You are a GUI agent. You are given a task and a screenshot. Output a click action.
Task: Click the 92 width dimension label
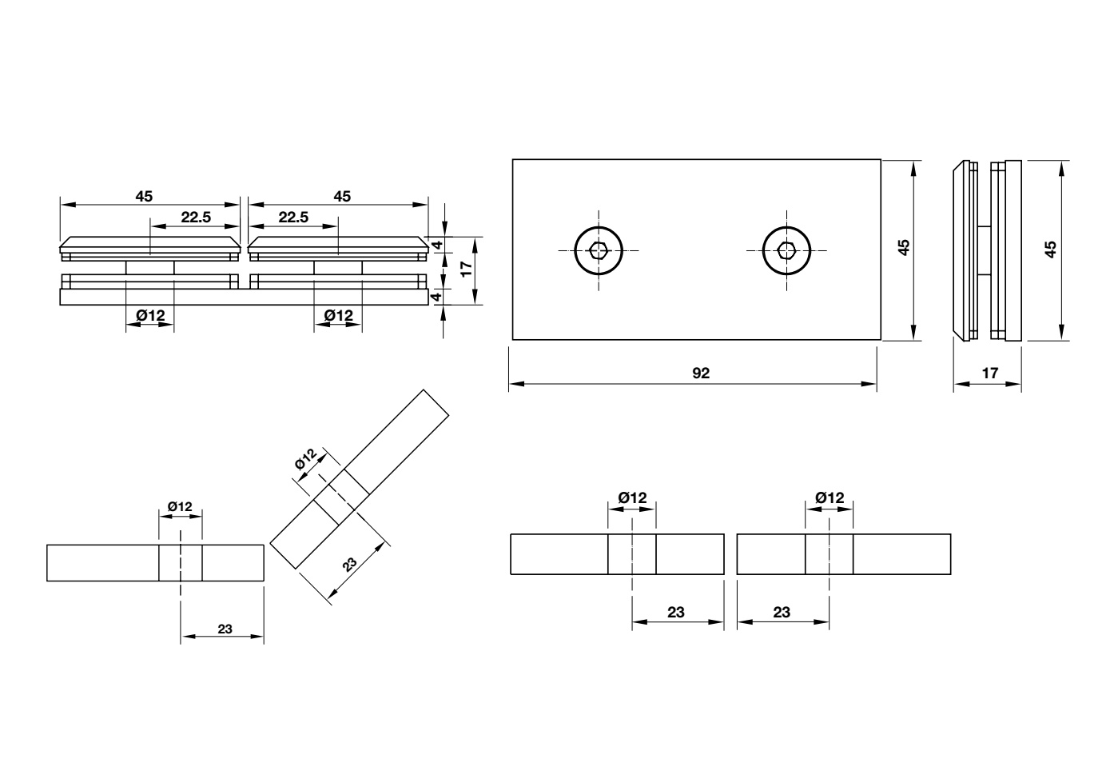tap(701, 373)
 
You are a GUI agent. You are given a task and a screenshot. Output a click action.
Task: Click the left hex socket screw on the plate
tap(598, 250)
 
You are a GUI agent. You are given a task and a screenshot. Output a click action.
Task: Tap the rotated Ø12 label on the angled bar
tap(306, 460)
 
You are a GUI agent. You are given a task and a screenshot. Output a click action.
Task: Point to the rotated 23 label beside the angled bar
tap(350, 563)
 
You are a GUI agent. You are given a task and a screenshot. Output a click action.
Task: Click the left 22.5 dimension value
tap(195, 218)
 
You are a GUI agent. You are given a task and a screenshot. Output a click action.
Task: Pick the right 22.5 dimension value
tap(293, 218)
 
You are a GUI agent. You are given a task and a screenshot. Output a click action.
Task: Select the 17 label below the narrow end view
tap(989, 373)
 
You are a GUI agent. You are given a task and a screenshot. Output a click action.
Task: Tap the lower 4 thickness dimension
tap(437, 297)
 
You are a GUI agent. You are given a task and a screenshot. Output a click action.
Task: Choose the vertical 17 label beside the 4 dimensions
tap(467, 270)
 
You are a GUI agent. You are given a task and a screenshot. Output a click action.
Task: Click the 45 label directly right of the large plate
tap(904, 248)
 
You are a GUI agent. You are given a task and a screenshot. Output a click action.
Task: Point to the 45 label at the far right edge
tap(1051, 250)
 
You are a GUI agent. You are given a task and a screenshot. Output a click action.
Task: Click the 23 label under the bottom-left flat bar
tap(225, 629)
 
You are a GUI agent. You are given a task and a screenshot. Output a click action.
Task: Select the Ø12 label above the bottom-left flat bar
tap(180, 506)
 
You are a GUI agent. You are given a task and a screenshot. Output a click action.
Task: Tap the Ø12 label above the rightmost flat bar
tap(830, 497)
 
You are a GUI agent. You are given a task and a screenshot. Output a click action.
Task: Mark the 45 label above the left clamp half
tap(144, 196)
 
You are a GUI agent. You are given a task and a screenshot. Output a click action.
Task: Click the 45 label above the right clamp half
tap(342, 196)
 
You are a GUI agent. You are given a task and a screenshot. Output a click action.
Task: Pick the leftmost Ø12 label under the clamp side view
tap(150, 316)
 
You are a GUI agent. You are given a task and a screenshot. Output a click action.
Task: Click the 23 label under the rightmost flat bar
tap(782, 612)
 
